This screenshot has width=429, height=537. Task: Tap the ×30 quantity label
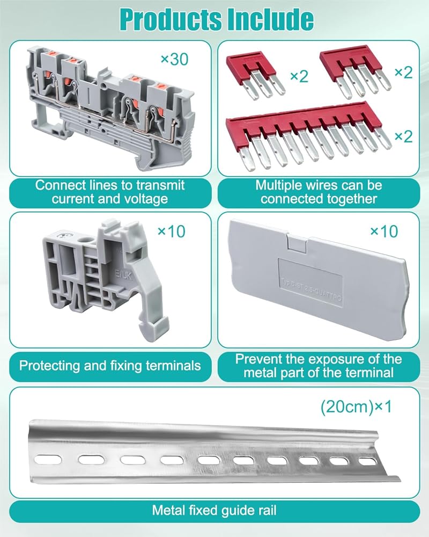[x=174, y=59]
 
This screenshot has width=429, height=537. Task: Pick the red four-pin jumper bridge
[x=354, y=68]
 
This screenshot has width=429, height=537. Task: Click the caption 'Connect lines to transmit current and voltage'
[x=110, y=192]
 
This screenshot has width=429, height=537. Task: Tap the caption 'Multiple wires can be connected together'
[x=319, y=192]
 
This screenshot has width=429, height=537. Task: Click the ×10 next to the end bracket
[x=171, y=231]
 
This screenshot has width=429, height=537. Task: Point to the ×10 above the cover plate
[x=384, y=231]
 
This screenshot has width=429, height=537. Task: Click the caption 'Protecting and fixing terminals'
[x=110, y=366]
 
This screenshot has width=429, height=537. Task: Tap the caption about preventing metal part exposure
[x=319, y=366]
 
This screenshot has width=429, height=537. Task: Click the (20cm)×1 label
[x=356, y=407]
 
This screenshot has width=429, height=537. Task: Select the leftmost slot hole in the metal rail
[x=45, y=458]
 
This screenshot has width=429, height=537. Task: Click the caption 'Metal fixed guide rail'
[x=214, y=511]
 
